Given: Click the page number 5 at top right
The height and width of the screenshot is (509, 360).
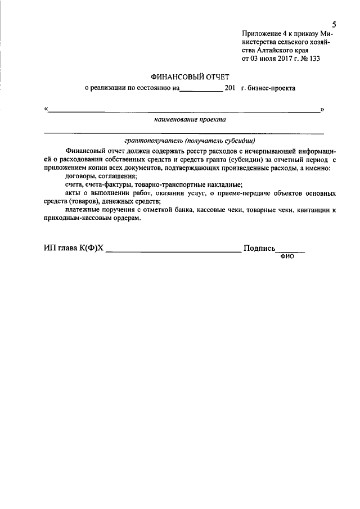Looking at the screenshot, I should pyautogui.click(x=334, y=25).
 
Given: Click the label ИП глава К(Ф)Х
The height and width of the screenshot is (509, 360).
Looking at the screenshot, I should pyautogui.click(x=74, y=248).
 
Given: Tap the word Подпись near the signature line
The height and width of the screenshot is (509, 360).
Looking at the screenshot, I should pyautogui.click(x=259, y=248).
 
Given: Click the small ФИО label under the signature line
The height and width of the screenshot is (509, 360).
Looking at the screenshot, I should pyautogui.click(x=286, y=255).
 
